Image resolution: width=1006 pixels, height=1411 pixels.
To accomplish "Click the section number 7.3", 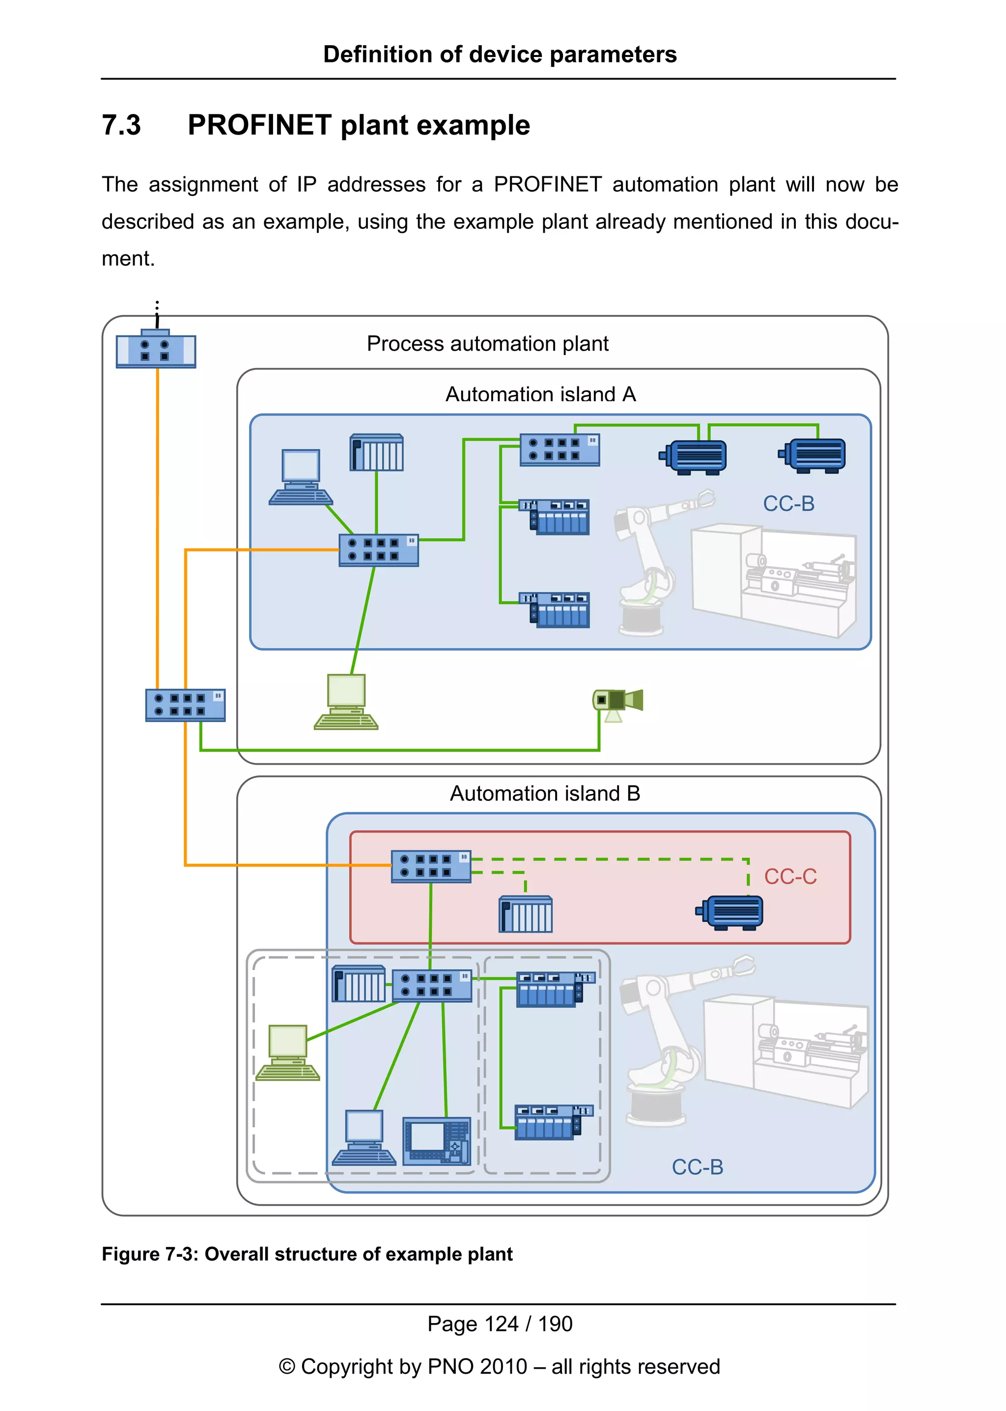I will pyautogui.click(x=121, y=125).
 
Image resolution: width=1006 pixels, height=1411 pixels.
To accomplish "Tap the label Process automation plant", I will pyautogui.click(x=487, y=344).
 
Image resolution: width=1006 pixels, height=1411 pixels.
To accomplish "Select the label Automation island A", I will pyautogui.click(x=540, y=394).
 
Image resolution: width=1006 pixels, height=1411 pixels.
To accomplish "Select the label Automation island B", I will pyautogui.click(x=544, y=794).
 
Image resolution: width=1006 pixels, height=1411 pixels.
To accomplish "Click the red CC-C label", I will pyautogui.click(x=790, y=877).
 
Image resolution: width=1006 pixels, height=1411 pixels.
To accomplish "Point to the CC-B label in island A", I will pyautogui.click(x=788, y=503).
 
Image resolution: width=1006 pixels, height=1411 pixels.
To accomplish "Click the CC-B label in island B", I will pyautogui.click(x=697, y=1167).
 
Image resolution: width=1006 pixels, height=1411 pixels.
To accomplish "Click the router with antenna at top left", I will pyautogui.click(x=156, y=350).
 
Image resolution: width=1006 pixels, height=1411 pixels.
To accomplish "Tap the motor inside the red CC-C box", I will pyautogui.click(x=730, y=913).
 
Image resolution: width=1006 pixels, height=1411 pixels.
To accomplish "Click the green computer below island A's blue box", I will pyautogui.click(x=346, y=702).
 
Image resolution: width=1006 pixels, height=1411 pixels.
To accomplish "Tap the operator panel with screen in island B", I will pyautogui.click(x=436, y=1141).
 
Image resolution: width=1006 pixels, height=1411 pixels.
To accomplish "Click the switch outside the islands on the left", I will pyautogui.click(x=185, y=705).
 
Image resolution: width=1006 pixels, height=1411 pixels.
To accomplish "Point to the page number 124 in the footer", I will pyautogui.click(x=501, y=1324).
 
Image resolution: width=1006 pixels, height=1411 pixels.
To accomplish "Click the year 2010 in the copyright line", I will pyautogui.click(x=503, y=1366).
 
